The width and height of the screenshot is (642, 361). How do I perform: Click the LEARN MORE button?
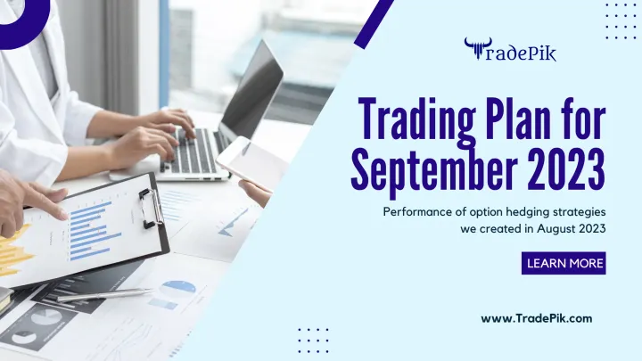click(x=565, y=263)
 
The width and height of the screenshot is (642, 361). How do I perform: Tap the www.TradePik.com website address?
click(x=536, y=317)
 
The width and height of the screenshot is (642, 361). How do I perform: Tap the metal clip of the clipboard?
click(x=150, y=206)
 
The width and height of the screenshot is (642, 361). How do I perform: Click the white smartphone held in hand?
click(x=249, y=161)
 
